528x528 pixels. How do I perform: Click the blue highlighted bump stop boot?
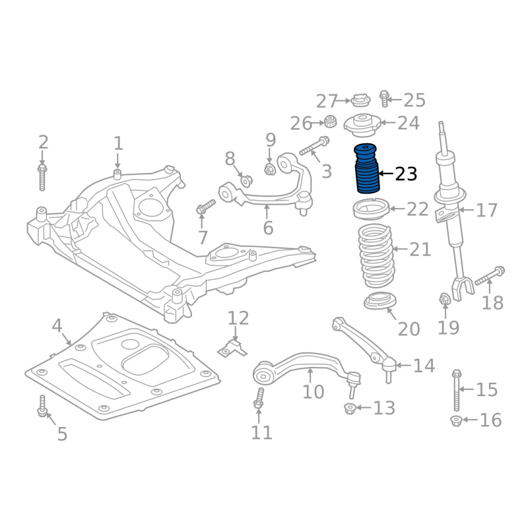(x=366, y=169)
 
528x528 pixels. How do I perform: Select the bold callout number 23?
(x=406, y=174)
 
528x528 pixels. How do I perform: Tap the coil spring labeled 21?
(x=376, y=256)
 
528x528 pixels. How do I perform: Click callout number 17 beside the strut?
(x=486, y=210)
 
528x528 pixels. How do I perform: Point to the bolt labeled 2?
(x=42, y=178)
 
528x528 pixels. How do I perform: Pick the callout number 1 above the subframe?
(x=118, y=144)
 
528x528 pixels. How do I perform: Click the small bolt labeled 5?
(x=42, y=406)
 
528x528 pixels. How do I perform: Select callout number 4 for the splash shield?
(x=57, y=325)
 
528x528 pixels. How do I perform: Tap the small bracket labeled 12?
(x=232, y=349)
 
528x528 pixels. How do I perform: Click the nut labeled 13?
(x=350, y=409)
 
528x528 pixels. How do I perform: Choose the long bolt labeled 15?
(x=457, y=390)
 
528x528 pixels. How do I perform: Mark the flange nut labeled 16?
(x=456, y=421)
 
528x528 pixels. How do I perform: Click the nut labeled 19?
(x=444, y=299)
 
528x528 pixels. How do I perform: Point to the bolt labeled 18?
(x=490, y=276)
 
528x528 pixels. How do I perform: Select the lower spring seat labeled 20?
(x=380, y=301)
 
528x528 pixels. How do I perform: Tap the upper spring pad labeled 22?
(x=371, y=209)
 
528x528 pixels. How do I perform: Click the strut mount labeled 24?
(x=362, y=125)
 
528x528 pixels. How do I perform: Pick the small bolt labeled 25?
(x=384, y=98)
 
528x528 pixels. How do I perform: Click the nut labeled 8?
(x=246, y=180)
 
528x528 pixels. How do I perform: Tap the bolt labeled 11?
(x=259, y=398)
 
